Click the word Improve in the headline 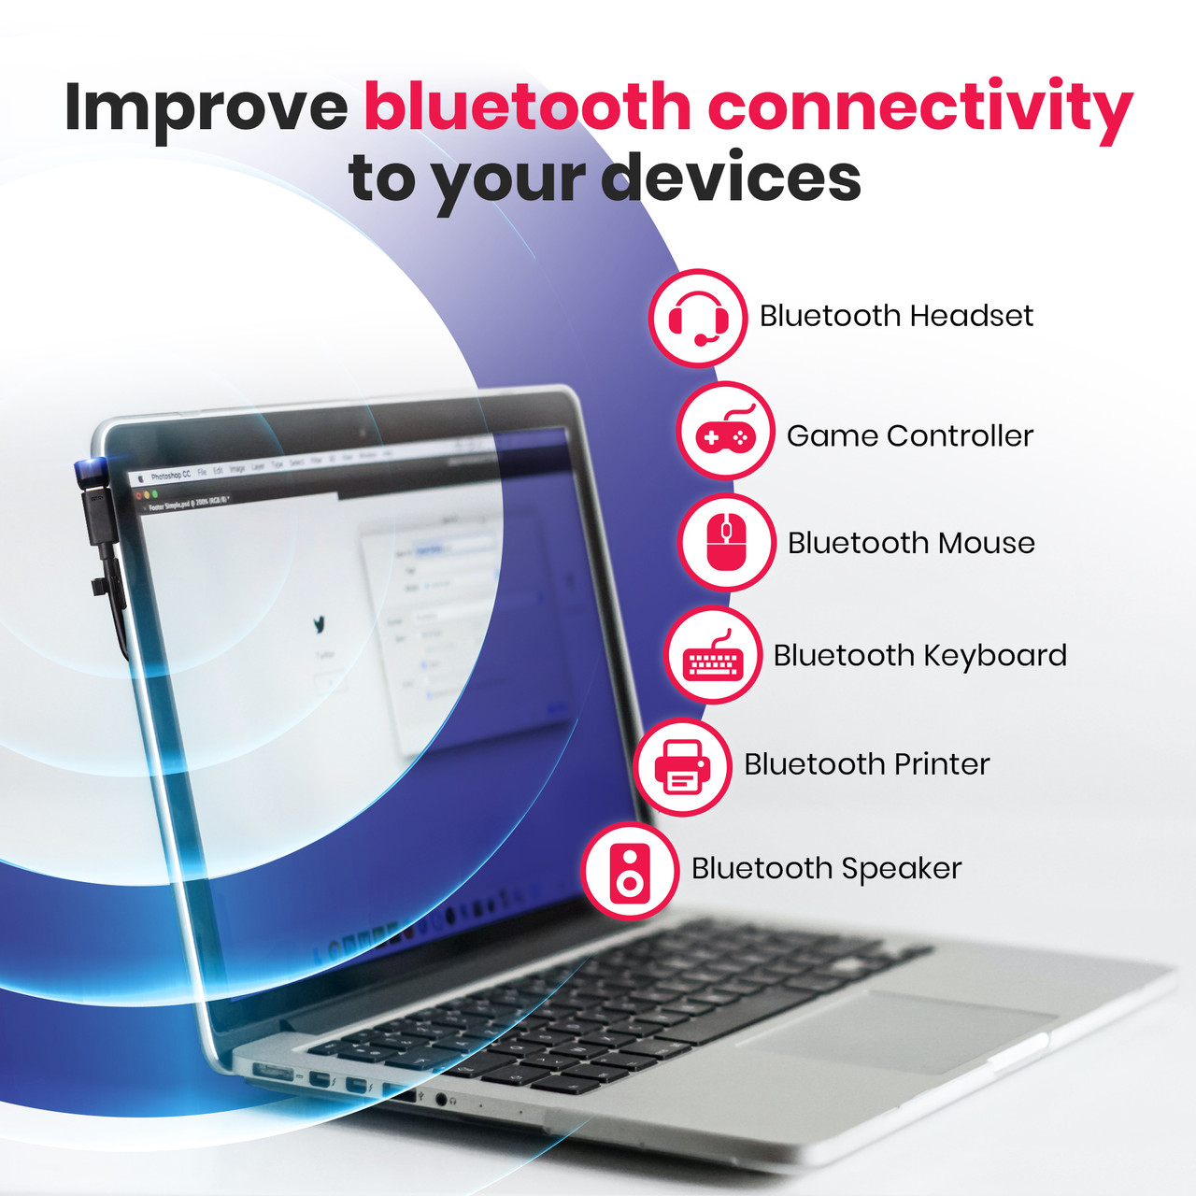pos(206,107)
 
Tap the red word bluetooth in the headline pos(527,107)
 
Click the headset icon pos(698,318)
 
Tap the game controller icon pos(725,432)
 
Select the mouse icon pos(726,542)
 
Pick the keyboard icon pos(713,655)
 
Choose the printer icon pos(682,767)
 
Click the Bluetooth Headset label pos(895,316)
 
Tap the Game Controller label pos(909,435)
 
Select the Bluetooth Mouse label pos(911,543)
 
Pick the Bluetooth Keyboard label pos(919,656)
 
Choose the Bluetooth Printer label pos(866,764)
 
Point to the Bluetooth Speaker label pos(826,869)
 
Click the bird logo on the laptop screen pos(320,623)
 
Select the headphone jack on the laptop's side pos(440,1099)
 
